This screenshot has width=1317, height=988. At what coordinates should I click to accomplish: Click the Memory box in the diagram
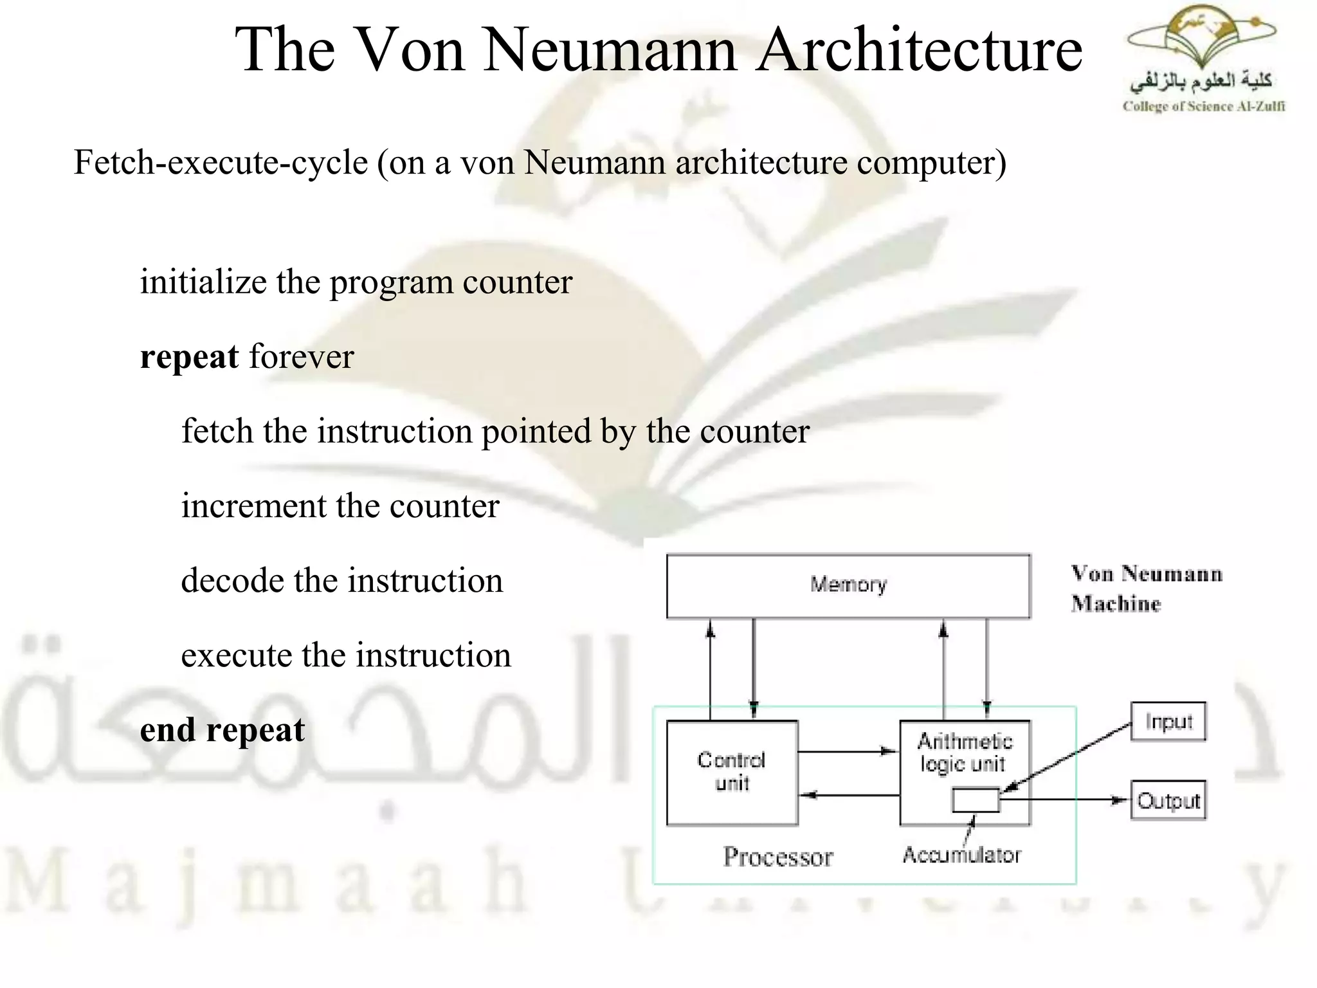(848, 586)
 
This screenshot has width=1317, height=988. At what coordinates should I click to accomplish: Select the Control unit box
(732, 773)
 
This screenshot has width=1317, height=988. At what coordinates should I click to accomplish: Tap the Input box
(1168, 722)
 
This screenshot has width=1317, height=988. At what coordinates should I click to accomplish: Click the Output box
(1168, 801)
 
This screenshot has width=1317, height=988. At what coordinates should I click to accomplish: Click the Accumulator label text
(961, 855)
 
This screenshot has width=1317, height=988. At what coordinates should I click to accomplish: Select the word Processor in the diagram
(777, 857)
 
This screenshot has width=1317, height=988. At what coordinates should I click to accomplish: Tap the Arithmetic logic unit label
(964, 752)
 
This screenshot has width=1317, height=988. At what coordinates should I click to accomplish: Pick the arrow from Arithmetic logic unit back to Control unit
(849, 796)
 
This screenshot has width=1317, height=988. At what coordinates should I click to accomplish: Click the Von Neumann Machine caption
(1146, 589)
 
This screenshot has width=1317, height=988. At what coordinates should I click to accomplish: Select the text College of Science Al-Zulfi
(1203, 107)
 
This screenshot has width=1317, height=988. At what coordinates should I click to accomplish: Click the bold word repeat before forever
(189, 358)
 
